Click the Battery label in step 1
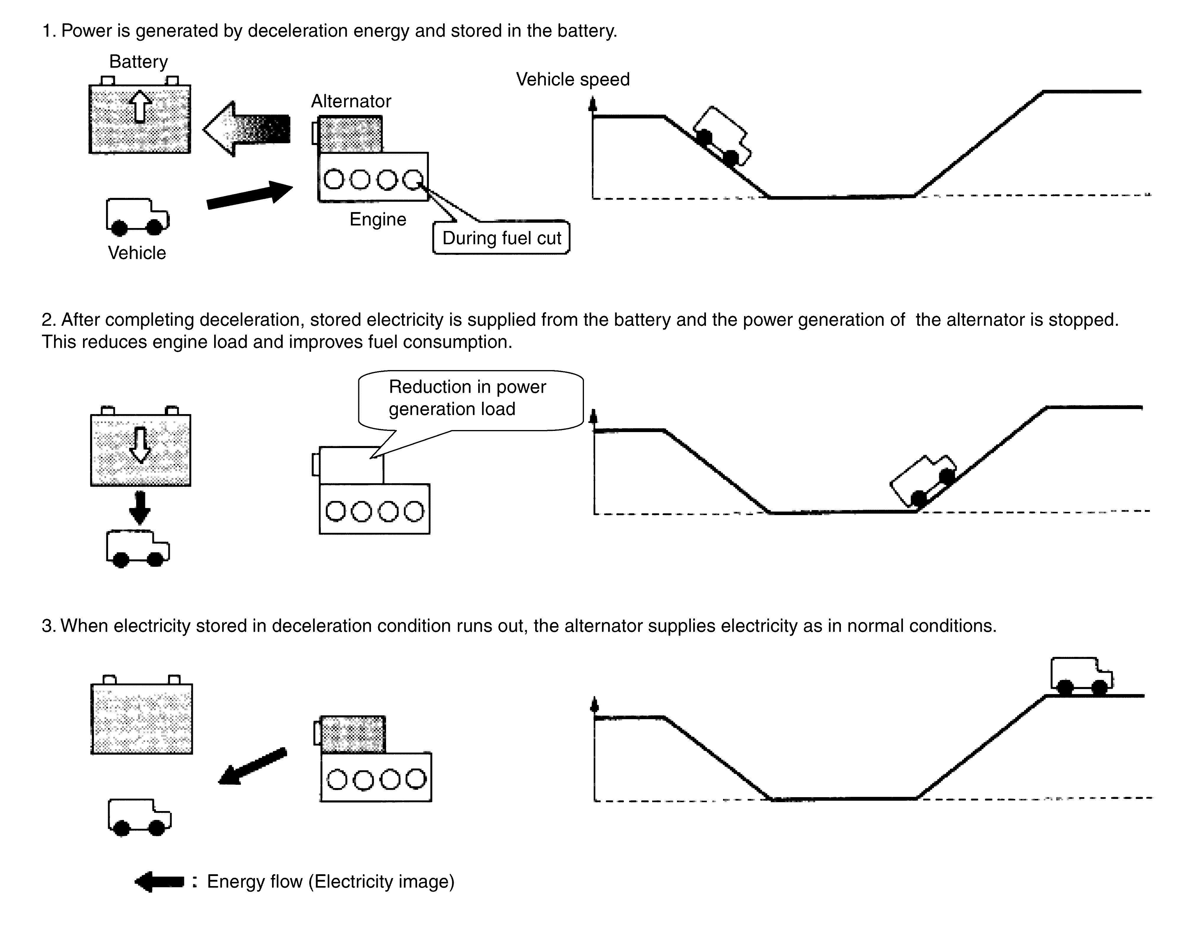(x=138, y=62)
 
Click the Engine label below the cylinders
(x=377, y=219)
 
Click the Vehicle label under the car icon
(x=136, y=253)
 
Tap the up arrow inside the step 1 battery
(x=140, y=106)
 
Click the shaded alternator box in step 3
(x=352, y=734)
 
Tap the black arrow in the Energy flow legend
(x=159, y=881)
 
